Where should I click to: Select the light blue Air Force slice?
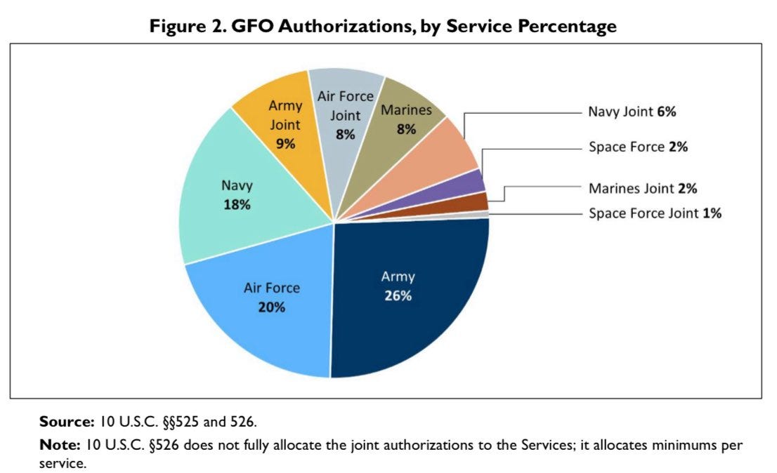pyautogui.click(x=260, y=316)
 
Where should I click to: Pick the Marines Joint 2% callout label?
pyautogui.click(x=642, y=188)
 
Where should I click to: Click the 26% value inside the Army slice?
pyautogui.click(x=398, y=295)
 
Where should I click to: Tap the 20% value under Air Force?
pyautogui.click(x=271, y=307)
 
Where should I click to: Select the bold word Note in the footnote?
pyautogui.click(x=60, y=445)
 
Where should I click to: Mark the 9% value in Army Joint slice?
pyautogui.click(x=285, y=144)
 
